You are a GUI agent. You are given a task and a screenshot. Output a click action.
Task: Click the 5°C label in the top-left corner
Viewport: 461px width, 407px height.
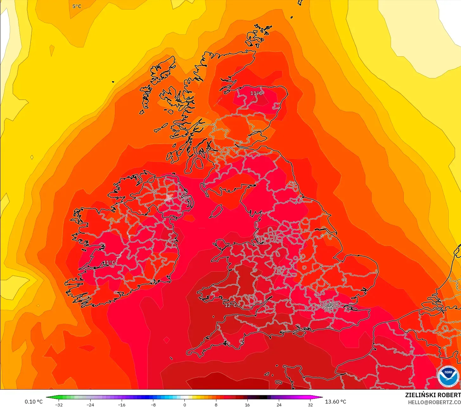click(77, 6)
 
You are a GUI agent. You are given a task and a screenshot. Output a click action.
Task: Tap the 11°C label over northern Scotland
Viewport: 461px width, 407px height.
click(256, 93)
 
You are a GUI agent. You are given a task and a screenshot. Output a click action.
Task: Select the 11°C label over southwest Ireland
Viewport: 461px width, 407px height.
click(109, 263)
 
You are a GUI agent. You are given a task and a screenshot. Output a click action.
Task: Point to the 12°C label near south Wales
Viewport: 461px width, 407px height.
click(231, 305)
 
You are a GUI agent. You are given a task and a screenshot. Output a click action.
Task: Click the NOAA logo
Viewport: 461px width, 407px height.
click(448, 376)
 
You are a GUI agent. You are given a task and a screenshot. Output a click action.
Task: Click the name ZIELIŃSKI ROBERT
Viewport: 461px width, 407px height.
click(433, 395)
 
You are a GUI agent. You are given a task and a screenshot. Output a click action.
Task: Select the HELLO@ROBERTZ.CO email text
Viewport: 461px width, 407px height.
click(434, 402)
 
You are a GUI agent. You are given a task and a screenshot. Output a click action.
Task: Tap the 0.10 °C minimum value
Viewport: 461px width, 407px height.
click(34, 402)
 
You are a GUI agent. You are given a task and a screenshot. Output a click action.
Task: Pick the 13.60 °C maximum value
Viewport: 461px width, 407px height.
click(336, 402)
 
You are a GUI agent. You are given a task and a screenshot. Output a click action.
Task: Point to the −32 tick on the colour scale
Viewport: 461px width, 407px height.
click(59, 405)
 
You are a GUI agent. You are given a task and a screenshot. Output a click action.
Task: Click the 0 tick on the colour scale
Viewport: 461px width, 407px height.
click(185, 405)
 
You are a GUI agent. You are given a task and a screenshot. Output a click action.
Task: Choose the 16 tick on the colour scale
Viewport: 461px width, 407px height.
click(247, 405)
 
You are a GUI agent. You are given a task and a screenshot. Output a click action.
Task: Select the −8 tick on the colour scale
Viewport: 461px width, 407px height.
click(153, 405)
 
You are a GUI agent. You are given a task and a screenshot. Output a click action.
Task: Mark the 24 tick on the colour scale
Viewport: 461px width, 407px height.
click(279, 405)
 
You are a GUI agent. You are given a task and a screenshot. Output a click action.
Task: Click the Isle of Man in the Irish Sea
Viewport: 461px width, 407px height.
click(216, 211)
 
